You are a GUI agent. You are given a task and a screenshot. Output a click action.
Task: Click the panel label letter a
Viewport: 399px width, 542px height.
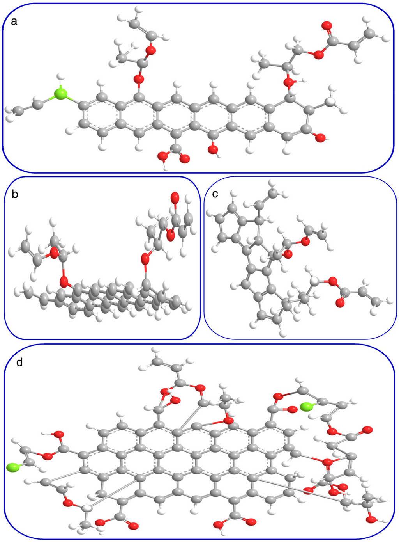coord(14,22)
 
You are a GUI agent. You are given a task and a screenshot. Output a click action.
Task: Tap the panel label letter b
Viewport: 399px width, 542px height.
coord(15,194)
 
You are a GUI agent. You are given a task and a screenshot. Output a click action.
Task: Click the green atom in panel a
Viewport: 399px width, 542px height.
coord(61,94)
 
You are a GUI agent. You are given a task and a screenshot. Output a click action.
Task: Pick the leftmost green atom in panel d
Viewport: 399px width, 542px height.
coord(12,467)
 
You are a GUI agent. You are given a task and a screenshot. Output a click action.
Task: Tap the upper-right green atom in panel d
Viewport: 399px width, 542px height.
coord(307,407)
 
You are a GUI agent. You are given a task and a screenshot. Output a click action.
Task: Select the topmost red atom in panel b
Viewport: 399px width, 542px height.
coord(174,196)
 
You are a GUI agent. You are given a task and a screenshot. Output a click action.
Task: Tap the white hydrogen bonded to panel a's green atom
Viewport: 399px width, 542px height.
coord(60,77)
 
